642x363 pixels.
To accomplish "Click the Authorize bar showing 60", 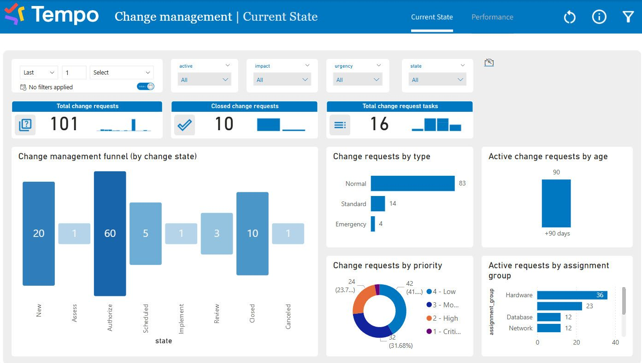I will [x=110, y=233].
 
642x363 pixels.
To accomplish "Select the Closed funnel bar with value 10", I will [x=252, y=233].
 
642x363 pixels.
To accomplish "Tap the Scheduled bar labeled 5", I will [x=145, y=233].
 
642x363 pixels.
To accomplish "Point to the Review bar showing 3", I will [x=217, y=233].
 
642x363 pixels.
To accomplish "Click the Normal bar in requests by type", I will [x=412, y=183].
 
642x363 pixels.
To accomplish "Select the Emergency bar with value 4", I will [x=373, y=224].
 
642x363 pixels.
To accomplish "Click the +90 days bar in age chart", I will [x=556, y=203].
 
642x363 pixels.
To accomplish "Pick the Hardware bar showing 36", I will [x=571, y=295].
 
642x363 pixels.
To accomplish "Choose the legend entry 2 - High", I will [x=445, y=318].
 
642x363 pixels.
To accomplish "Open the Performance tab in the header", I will [x=492, y=17].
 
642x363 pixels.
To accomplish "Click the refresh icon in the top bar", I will [x=570, y=17].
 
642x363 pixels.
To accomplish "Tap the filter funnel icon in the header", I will [x=628, y=17].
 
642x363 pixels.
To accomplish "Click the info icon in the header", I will [x=599, y=17].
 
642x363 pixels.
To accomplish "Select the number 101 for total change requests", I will [x=64, y=124].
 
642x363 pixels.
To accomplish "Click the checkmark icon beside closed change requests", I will [x=184, y=125].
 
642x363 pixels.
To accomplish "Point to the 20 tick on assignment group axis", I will [x=577, y=342].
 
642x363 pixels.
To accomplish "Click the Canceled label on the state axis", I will [x=288, y=316].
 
